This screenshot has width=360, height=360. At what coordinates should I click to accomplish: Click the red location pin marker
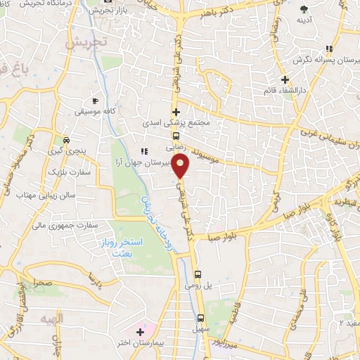tap(181, 167)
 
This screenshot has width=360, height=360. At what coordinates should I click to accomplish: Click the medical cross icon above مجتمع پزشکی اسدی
tap(176, 112)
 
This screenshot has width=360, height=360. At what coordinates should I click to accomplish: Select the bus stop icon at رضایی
tap(176, 136)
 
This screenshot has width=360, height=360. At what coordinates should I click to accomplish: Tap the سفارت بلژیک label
tap(67, 172)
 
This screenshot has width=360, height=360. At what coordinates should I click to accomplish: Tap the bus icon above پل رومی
tap(198, 275)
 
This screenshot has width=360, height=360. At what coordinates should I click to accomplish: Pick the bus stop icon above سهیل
tap(201, 318)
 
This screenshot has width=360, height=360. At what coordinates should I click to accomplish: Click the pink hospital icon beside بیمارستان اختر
tap(139, 331)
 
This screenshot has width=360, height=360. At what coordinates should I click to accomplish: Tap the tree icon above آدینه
tap(304, 9)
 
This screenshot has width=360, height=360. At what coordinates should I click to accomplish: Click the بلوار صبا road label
tap(223, 237)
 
